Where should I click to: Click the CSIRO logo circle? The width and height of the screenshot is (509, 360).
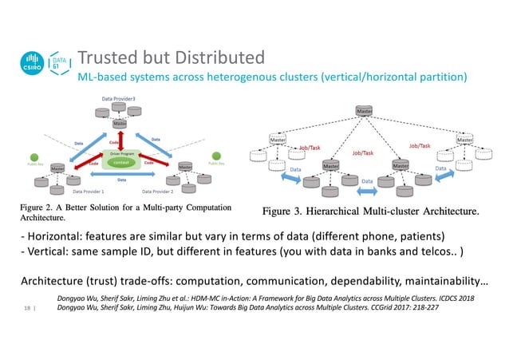pyautogui.click(x=33, y=65)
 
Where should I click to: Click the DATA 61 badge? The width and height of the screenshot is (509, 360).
pyautogui.click(x=60, y=64)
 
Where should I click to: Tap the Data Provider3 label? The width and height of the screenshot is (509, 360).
pyautogui.click(x=119, y=97)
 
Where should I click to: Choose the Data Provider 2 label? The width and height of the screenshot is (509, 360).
pyautogui.click(x=160, y=192)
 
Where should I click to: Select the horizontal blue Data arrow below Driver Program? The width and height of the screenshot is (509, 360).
pyautogui.click(x=120, y=180)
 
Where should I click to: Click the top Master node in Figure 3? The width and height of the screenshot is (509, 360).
pyautogui.click(x=365, y=109)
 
